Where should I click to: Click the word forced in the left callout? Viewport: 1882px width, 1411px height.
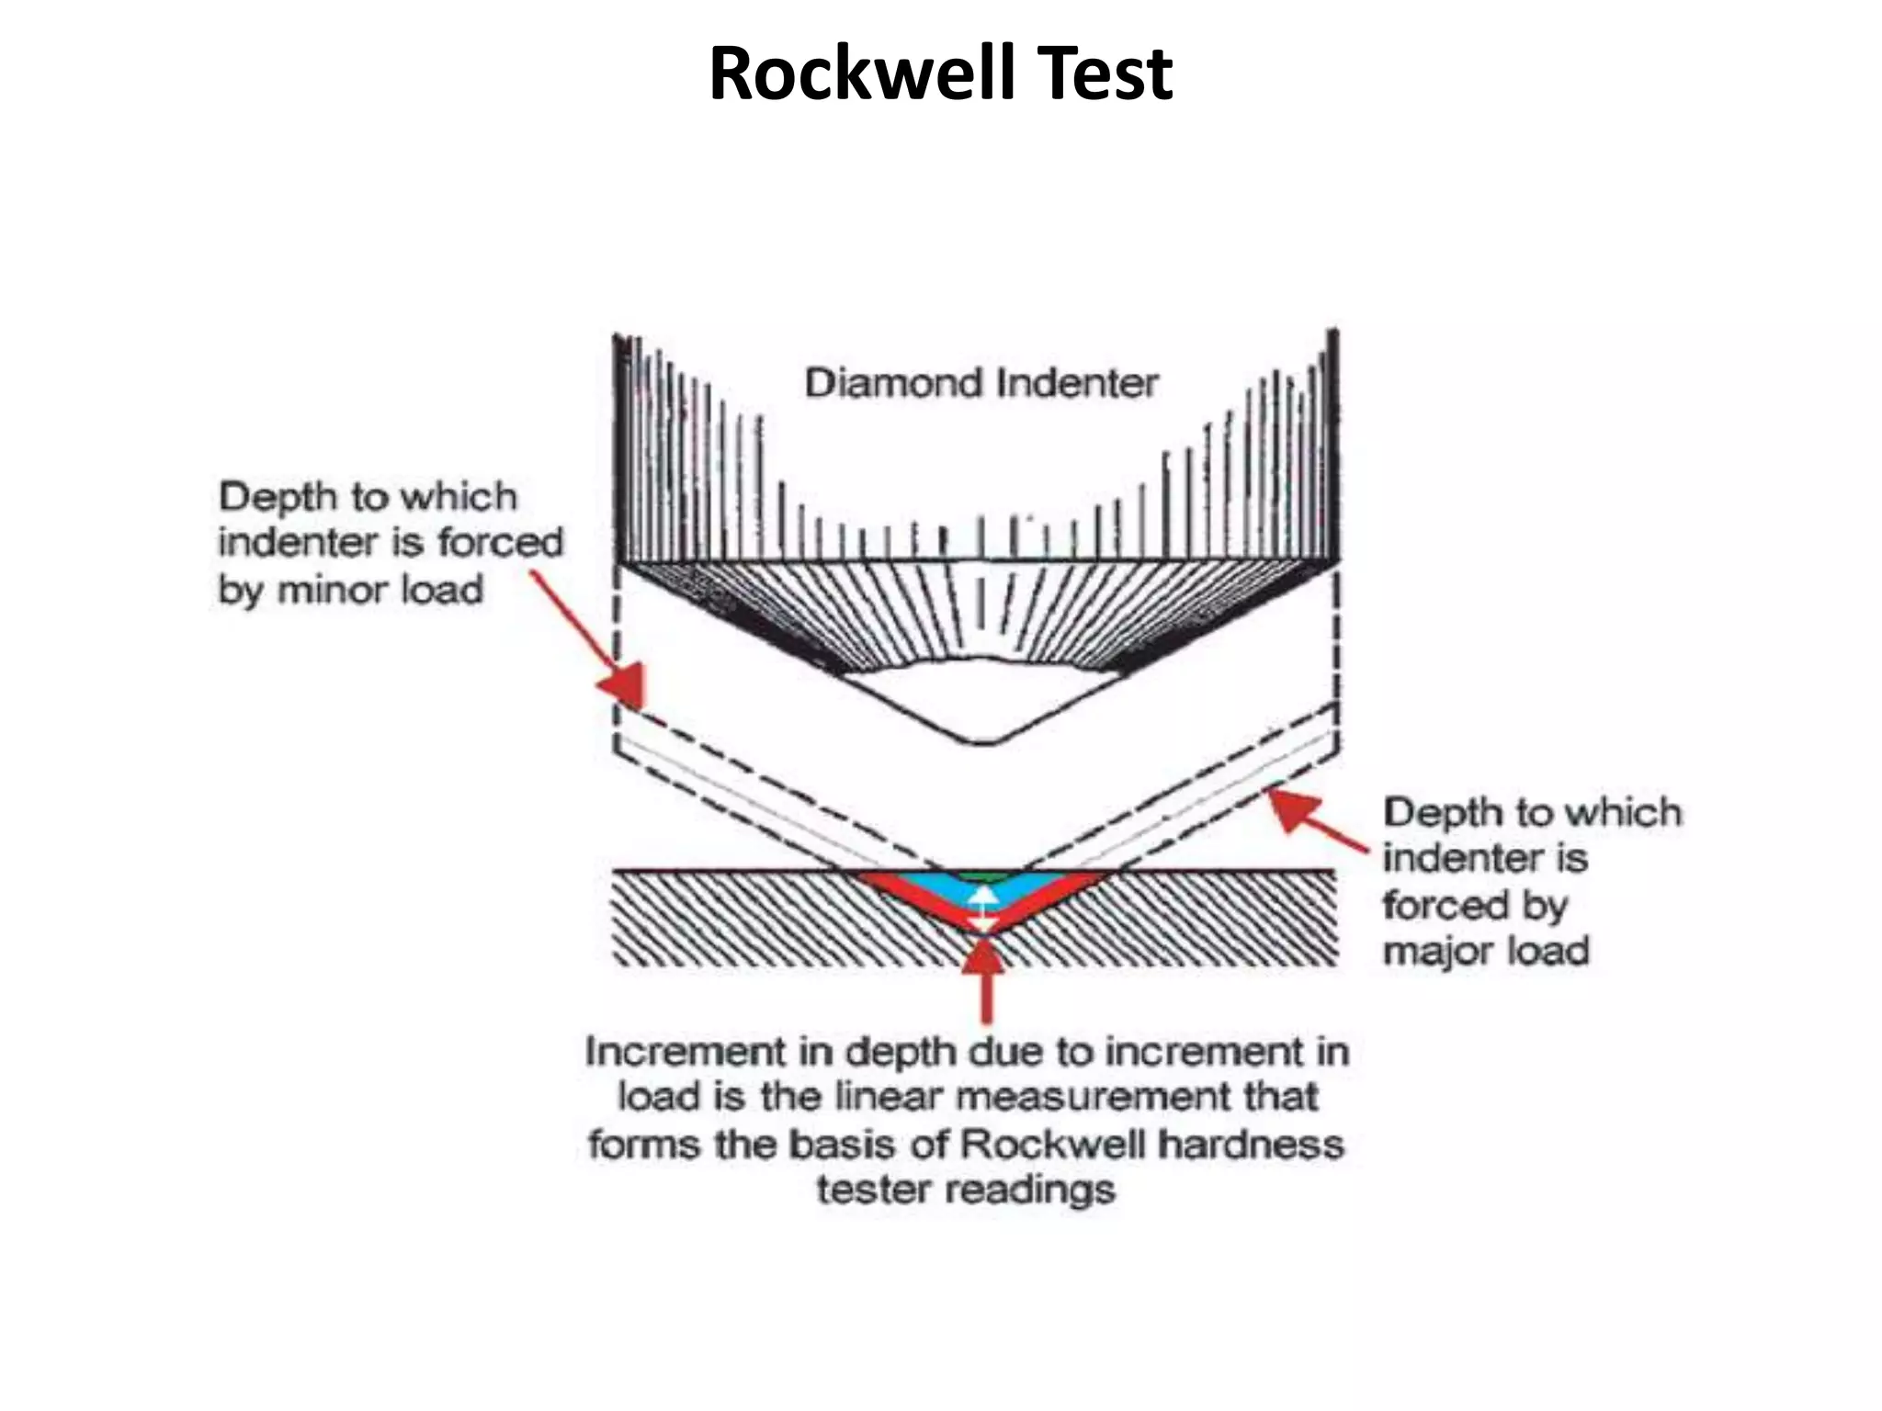click(x=500, y=542)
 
